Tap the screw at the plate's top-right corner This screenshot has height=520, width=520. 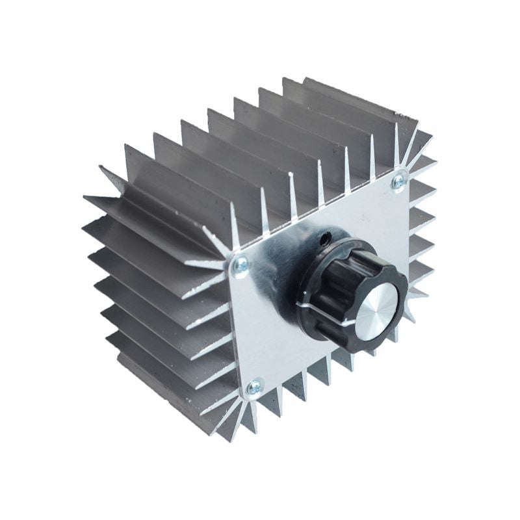tap(398, 183)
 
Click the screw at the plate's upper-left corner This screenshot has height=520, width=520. tap(240, 265)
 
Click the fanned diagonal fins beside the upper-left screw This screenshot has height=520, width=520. tap(208, 260)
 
